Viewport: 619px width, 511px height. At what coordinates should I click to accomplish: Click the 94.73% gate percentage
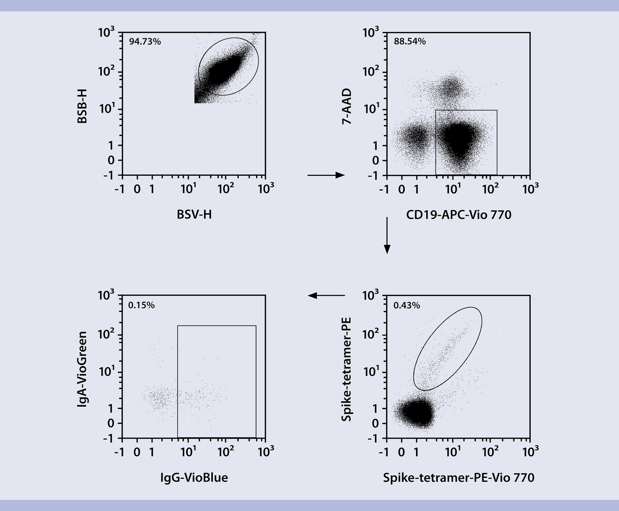(145, 41)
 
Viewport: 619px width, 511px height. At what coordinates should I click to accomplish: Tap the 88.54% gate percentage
(410, 41)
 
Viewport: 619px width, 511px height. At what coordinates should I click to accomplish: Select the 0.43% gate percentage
(406, 305)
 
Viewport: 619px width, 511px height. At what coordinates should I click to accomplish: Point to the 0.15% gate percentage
(141, 305)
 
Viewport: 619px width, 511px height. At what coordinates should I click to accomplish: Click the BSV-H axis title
(194, 214)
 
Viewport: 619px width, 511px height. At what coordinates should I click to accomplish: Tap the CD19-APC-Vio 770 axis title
(459, 215)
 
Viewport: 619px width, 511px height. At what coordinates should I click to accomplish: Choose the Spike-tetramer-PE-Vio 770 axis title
(459, 477)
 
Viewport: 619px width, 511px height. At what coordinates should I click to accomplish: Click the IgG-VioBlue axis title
(194, 477)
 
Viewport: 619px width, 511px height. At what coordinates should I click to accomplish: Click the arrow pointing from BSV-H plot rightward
(326, 175)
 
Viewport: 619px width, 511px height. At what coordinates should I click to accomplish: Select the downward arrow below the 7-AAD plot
(387, 235)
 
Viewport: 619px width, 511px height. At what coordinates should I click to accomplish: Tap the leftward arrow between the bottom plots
(326, 295)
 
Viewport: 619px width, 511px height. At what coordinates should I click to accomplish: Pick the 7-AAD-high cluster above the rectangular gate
(451, 87)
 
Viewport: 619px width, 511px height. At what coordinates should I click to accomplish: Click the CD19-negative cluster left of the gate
(414, 137)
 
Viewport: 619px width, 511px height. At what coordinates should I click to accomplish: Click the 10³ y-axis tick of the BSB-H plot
(107, 32)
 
